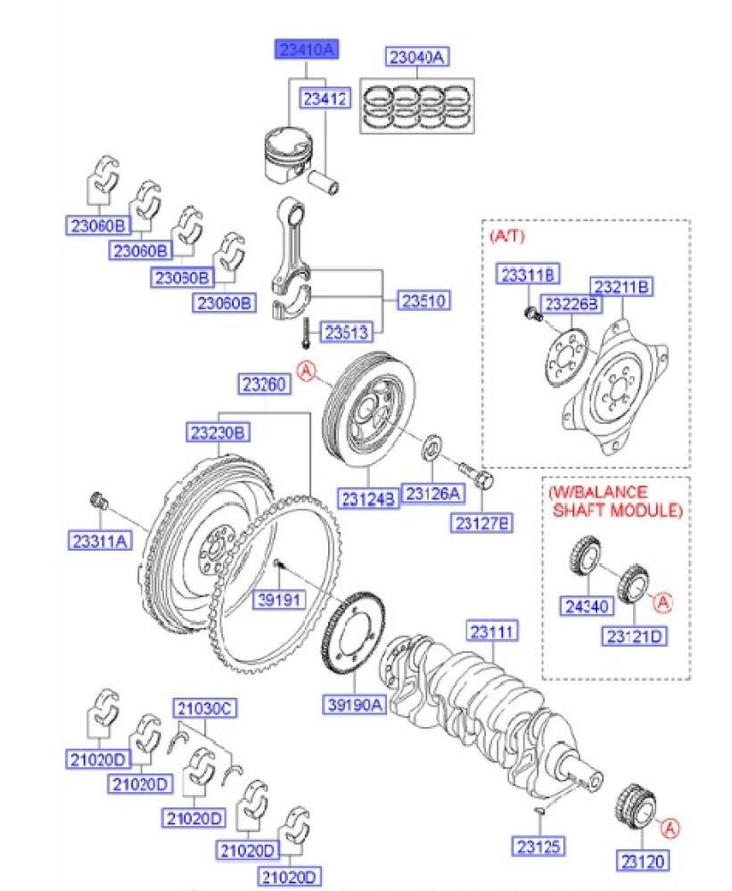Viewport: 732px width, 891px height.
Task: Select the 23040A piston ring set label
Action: (416, 59)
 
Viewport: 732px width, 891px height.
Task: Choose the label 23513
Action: (345, 332)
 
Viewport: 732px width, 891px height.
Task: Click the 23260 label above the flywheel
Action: (264, 386)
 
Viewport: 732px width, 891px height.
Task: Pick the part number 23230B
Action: (217, 434)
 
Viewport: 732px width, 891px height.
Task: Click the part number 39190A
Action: (353, 706)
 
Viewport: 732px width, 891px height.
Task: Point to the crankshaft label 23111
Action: (493, 633)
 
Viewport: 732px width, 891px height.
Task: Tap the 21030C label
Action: (202, 708)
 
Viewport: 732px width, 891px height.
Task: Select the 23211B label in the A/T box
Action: (622, 286)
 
